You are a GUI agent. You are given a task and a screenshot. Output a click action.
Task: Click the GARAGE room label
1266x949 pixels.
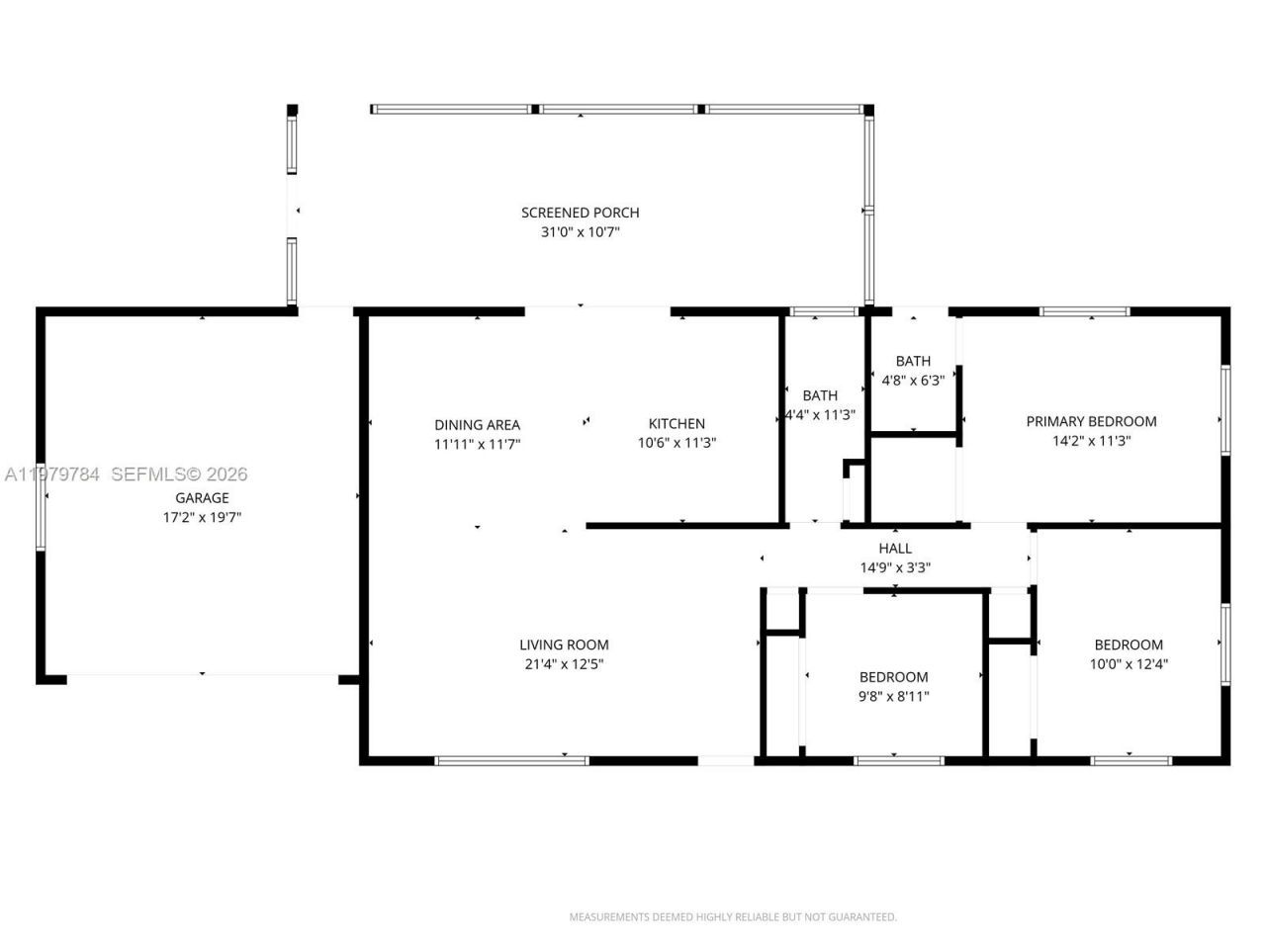pyautogui.click(x=202, y=498)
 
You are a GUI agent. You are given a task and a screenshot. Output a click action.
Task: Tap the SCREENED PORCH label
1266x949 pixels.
pyautogui.click(x=580, y=213)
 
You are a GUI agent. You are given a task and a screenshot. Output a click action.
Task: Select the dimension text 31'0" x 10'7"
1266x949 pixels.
pyautogui.click(x=580, y=232)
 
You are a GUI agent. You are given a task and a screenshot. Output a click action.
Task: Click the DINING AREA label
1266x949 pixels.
pyautogui.click(x=477, y=425)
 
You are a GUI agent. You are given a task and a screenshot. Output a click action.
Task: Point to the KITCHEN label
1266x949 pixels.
pyautogui.click(x=677, y=424)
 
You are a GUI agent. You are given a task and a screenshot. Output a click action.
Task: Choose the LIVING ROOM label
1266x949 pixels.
pyautogui.click(x=564, y=645)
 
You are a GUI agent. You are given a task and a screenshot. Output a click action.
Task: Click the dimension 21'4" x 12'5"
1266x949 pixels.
pyautogui.click(x=564, y=664)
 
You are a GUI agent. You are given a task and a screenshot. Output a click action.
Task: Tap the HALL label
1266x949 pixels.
pyautogui.click(x=895, y=549)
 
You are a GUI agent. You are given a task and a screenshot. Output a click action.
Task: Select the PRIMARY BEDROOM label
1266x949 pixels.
pyautogui.click(x=1091, y=421)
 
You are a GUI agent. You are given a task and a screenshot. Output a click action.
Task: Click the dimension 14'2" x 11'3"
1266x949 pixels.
pyautogui.click(x=1091, y=441)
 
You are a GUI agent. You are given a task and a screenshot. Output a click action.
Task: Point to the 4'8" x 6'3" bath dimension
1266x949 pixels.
pyautogui.click(x=913, y=380)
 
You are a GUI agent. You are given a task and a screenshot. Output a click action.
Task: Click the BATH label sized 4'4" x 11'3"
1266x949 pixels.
pyautogui.click(x=820, y=395)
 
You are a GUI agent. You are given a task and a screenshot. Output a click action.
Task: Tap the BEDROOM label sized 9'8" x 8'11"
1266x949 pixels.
pyautogui.click(x=893, y=677)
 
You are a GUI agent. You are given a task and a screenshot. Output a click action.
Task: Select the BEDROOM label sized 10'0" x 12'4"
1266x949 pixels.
pyautogui.click(x=1129, y=645)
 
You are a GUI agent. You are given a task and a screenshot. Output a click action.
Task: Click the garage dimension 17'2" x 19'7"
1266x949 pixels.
pyautogui.click(x=202, y=517)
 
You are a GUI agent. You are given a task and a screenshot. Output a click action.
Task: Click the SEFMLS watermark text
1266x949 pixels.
pyautogui.click(x=179, y=474)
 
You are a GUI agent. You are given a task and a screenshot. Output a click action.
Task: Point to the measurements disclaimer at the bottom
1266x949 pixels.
pyautogui.click(x=733, y=917)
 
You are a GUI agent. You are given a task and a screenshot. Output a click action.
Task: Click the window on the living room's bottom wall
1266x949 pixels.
pyautogui.click(x=511, y=760)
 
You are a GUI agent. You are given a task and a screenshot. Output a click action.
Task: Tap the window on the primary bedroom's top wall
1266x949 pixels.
pyautogui.click(x=1084, y=311)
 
